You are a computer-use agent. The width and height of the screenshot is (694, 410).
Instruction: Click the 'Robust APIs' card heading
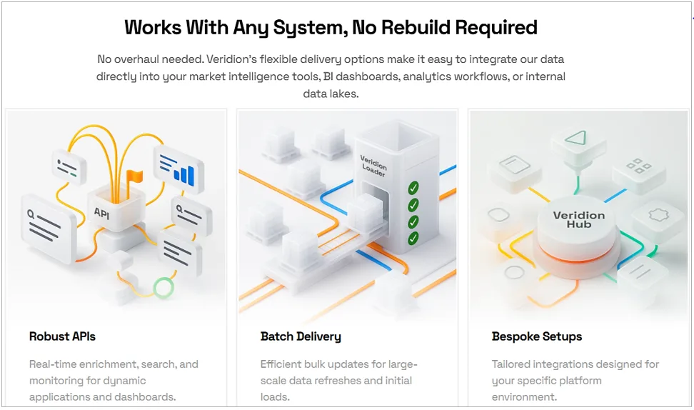point(62,336)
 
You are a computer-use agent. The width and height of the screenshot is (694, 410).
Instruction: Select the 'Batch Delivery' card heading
point(301,337)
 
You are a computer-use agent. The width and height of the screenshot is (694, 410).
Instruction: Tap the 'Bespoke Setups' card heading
point(536,337)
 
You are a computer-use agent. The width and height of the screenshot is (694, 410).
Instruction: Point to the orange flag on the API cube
point(134,176)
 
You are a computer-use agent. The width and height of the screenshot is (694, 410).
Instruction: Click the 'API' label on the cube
point(101,214)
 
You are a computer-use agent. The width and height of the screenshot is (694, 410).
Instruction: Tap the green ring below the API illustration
point(164,287)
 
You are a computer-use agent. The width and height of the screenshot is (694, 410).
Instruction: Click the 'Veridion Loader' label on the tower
point(373,166)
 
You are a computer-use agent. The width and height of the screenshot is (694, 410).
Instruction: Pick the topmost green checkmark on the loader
point(413,188)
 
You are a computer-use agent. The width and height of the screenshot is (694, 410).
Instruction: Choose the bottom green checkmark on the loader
point(413,238)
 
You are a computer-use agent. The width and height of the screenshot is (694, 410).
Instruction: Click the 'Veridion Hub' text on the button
point(579,219)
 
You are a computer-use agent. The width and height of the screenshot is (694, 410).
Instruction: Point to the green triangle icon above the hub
point(575,138)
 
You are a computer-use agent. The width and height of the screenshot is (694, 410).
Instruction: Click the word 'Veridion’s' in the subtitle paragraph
point(231,59)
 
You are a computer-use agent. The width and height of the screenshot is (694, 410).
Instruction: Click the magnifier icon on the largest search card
point(31,215)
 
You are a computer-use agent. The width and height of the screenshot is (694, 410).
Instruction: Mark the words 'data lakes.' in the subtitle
point(331,94)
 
